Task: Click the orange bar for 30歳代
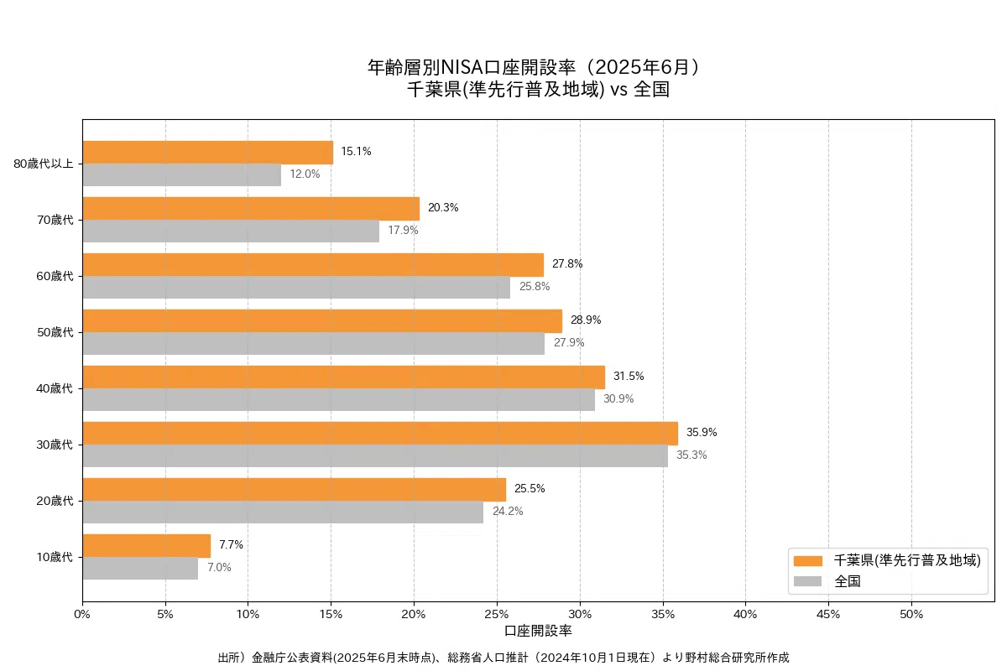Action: (x=380, y=434)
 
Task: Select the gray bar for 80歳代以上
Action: (x=181, y=174)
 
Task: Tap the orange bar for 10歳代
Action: (x=146, y=546)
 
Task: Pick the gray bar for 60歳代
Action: (x=296, y=287)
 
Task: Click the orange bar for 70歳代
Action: (x=251, y=209)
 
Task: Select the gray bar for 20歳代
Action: (x=283, y=512)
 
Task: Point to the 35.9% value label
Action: (x=702, y=433)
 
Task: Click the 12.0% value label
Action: (x=305, y=174)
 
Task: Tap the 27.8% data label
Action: (x=567, y=264)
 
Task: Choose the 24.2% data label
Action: (x=508, y=512)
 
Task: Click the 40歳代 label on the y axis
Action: (x=55, y=388)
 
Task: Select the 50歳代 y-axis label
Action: (x=55, y=332)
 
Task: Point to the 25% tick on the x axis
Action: (x=497, y=614)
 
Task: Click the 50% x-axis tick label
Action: (x=911, y=614)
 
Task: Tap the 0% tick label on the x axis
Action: (x=82, y=614)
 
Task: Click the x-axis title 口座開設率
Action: (x=538, y=631)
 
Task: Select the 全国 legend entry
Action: (x=847, y=581)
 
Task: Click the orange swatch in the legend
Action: (x=808, y=560)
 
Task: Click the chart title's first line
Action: (x=537, y=67)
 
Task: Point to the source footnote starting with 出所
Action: (x=503, y=658)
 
